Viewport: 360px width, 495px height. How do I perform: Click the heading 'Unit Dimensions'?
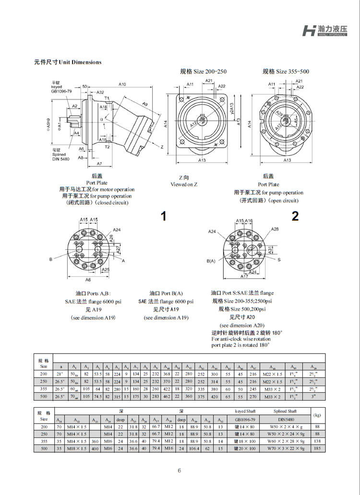pyautogui.click(x=68, y=62)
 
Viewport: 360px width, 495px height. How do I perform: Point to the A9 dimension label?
pyautogui.click(x=145, y=104)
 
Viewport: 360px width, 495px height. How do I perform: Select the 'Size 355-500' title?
pyautogui.click(x=286, y=71)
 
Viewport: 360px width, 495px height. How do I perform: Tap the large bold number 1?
pyautogui.click(x=164, y=216)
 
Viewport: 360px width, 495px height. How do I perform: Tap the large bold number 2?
pyautogui.click(x=295, y=216)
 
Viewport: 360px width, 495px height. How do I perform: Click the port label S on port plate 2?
pyautogui.click(x=279, y=259)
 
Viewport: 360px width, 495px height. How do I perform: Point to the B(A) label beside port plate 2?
pyautogui.click(x=211, y=261)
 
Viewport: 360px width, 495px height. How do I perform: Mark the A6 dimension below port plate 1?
pyautogui.click(x=88, y=279)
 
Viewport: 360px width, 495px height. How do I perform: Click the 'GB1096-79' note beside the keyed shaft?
pyautogui.click(x=61, y=91)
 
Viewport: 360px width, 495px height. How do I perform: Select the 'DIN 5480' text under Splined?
pyautogui.click(x=61, y=159)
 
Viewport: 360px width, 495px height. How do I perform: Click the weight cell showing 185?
pyautogui.click(x=317, y=448)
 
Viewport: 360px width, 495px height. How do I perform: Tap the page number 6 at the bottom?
pyautogui.click(x=180, y=470)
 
